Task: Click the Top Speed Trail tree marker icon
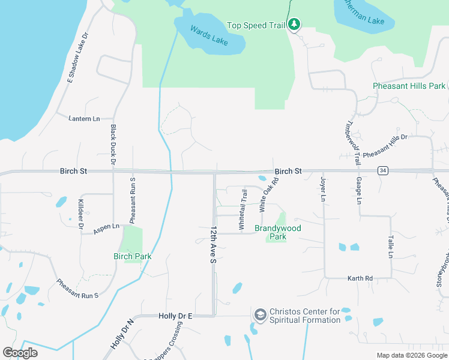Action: [x=294, y=25]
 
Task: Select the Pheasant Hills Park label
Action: [x=409, y=86]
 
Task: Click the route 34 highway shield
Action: [x=382, y=171]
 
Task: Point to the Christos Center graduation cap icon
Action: [x=260, y=315]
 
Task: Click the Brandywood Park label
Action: [x=278, y=232]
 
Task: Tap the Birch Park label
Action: [x=132, y=256]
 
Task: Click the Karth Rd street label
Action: [x=360, y=278]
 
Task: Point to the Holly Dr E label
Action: [x=175, y=316]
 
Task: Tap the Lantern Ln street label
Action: [x=84, y=119]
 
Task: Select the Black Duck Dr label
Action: [x=112, y=145]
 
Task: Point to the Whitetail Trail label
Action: [x=243, y=210]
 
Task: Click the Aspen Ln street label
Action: [x=106, y=228]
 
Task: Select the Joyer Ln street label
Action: [x=323, y=189]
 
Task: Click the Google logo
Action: [x=20, y=353]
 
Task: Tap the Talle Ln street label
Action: [x=390, y=247]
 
